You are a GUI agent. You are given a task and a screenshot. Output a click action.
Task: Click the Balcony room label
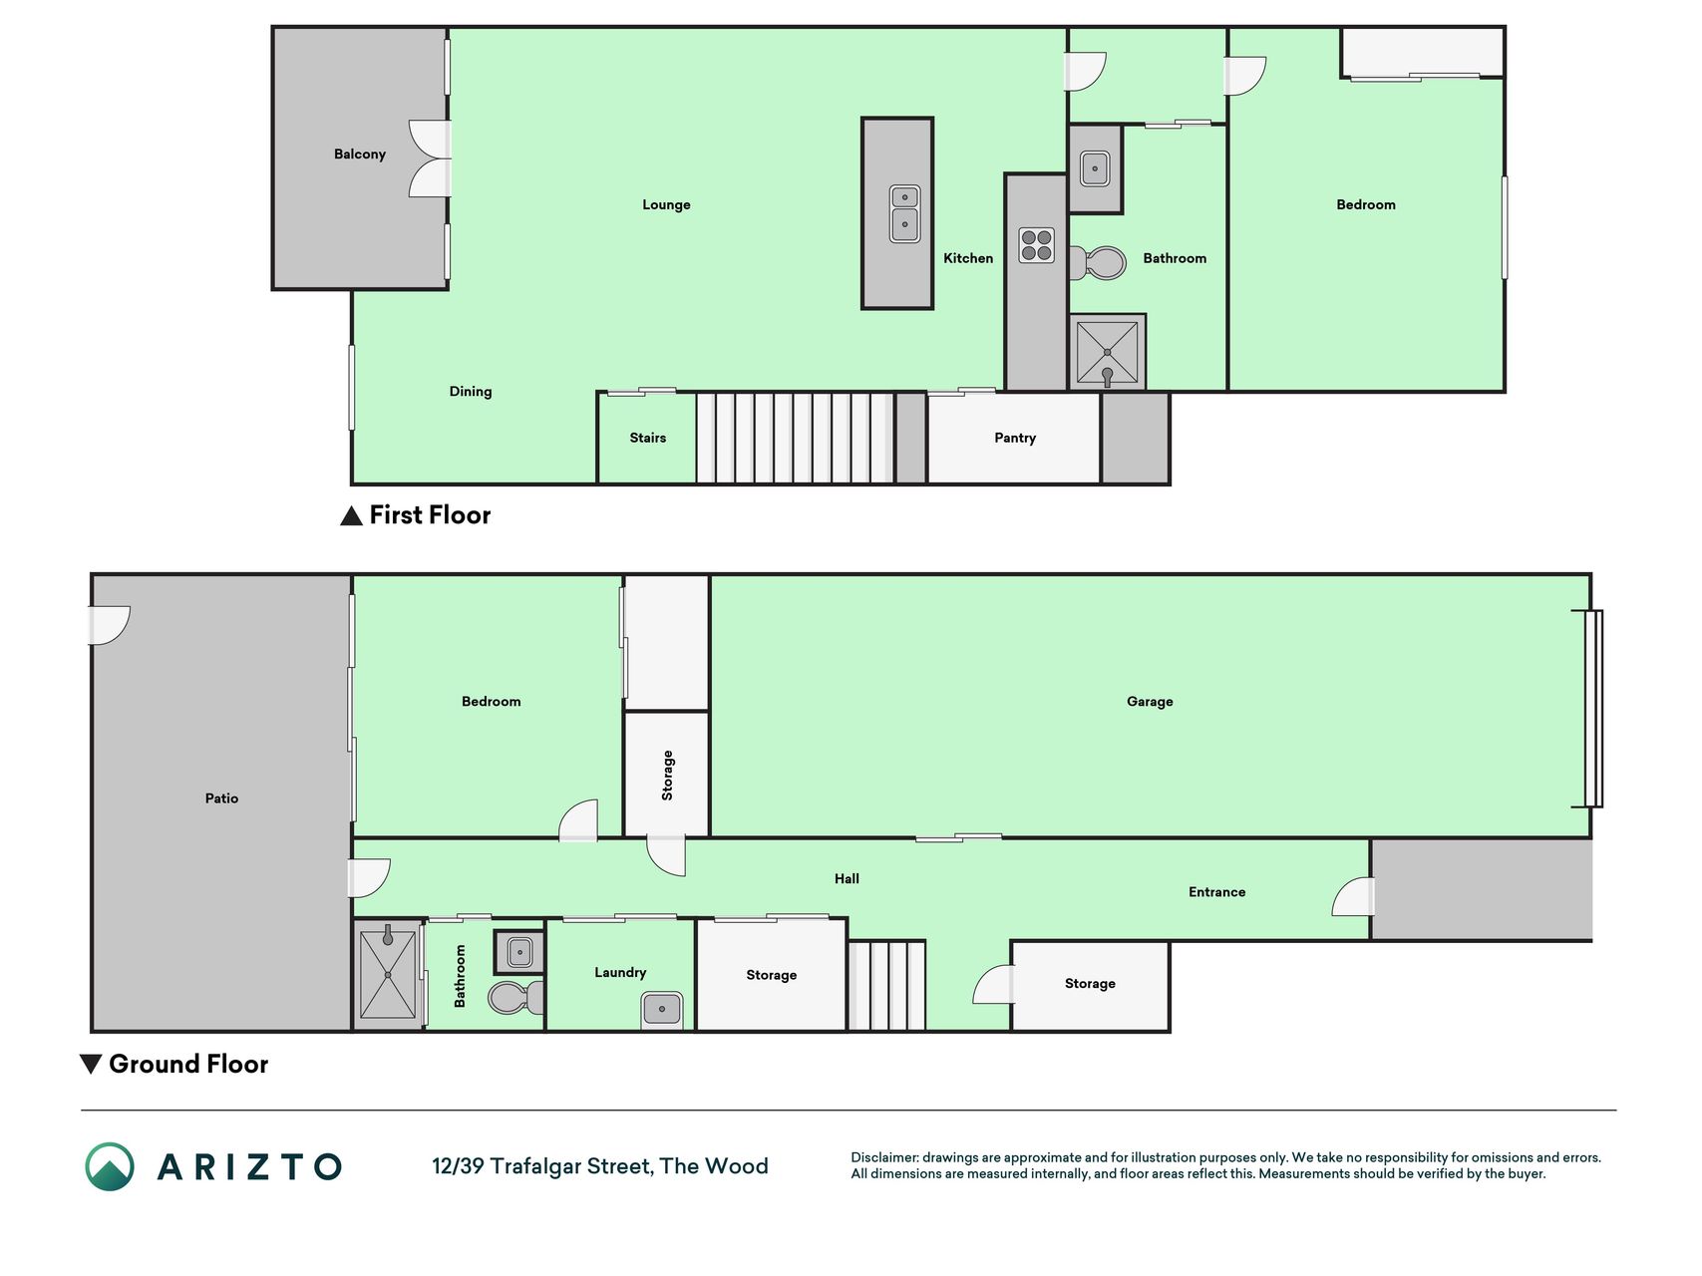(359, 154)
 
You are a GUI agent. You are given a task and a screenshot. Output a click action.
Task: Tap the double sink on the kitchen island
(904, 213)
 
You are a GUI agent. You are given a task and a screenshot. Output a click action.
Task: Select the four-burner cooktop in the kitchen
(1036, 245)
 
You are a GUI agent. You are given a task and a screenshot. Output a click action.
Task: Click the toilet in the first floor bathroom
(1098, 263)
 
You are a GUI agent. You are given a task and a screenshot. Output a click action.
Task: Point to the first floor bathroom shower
(1107, 353)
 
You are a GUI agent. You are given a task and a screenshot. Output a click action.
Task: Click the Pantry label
(1015, 438)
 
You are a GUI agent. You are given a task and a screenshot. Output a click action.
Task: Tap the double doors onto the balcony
(430, 159)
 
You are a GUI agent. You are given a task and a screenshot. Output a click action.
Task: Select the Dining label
(471, 392)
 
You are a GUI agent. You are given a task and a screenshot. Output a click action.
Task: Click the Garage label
(1150, 702)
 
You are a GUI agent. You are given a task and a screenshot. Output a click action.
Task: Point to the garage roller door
(1593, 708)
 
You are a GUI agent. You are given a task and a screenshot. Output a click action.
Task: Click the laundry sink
(662, 1009)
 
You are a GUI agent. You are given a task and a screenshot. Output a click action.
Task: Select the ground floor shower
(388, 974)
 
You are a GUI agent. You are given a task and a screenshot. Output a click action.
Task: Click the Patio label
(221, 798)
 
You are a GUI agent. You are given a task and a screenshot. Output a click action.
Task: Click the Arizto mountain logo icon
(110, 1166)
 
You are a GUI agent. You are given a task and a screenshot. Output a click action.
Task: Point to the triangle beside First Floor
(351, 515)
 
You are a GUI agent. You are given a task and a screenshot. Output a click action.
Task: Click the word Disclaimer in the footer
(884, 1157)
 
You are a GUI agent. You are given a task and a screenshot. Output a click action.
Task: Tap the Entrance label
(1216, 892)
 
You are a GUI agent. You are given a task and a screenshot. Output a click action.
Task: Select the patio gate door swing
(110, 625)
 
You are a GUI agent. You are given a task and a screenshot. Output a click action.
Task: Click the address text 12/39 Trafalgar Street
(542, 1166)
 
